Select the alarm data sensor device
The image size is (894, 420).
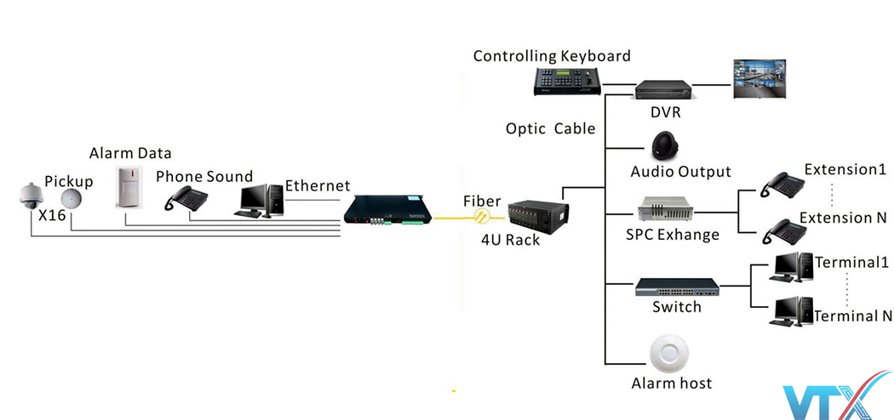[x=129, y=186]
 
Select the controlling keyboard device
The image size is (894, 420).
[x=568, y=81]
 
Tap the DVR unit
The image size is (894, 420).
[x=662, y=88]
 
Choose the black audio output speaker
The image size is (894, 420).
[x=664, y=145]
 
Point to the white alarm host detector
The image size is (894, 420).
[x=668, y=352]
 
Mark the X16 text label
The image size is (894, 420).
[x=52, y=216]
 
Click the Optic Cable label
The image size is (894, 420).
[x=550, y=129]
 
